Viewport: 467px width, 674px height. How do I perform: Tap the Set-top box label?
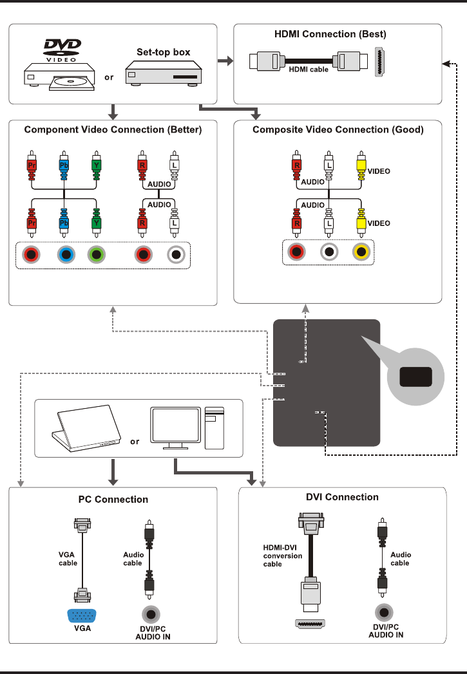(x=164, y=52)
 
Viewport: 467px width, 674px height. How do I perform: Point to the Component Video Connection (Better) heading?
(x=113, y=129)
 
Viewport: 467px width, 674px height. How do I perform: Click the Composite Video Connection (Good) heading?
(x=338, y=129)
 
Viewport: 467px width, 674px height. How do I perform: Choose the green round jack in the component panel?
(x=95, y=255)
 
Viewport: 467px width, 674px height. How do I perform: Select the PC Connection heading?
(x=113, y=500)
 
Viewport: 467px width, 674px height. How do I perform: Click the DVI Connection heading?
(x=342, y=497)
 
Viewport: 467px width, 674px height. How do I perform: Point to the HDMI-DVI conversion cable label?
(x=282, y=556)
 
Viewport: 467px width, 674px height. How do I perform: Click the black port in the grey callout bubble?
(x=415, y=377)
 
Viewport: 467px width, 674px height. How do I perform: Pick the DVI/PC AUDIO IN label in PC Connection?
(x=153, y=632)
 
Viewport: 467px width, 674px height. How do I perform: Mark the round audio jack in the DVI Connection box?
(x=385, y=612)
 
